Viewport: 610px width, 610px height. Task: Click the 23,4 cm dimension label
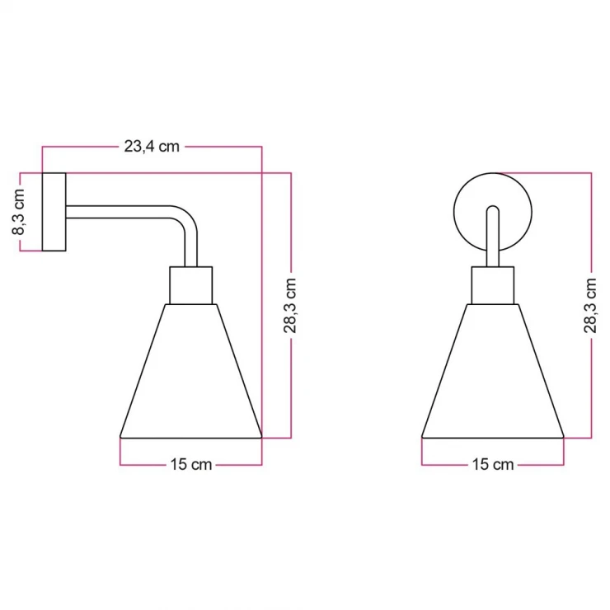(x=152, y=147)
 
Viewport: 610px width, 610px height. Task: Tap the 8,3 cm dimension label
(x=18, y=212)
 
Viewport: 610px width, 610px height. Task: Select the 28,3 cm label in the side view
(x=290, y=305)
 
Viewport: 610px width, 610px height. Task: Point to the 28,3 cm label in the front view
(x=590, y=305)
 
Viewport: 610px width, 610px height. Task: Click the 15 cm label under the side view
(x=191, y=464)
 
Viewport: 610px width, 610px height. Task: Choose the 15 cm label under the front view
(x=493, y=464)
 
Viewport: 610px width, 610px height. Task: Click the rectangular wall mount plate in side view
(x=54, y=212)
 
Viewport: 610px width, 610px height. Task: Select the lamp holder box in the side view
(x=191, y=285)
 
